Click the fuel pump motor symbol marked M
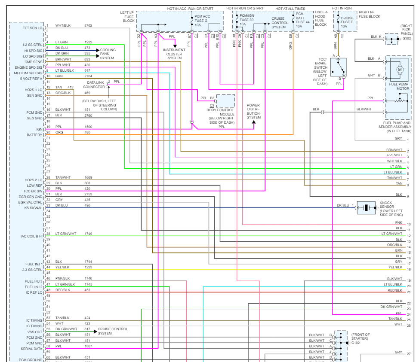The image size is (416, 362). pyautogui.click(x=399, y=69)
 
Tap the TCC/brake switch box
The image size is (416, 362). pyautogui.click(x=339, y=67)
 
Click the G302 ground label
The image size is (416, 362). pyautogui.click(x=407, y=39)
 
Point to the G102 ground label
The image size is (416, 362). pyautogui.click(x=356, y=343)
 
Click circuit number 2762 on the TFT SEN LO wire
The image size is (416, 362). pyautogui.click(x=88, y=25)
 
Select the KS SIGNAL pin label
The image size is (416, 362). pyautogui.click(x=33, y=208)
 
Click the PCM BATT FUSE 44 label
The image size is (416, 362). pyautogui.click(x=302, y=19)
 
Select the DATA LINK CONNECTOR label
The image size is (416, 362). pyautogui.click(x=96, y=85)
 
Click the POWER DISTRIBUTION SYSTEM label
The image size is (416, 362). pyautogui.click(x=253, y=112)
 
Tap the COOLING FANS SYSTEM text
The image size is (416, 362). pyautogui.click(x=108, y=54)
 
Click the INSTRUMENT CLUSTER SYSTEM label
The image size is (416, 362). pyautogui.click(x=175, y=54)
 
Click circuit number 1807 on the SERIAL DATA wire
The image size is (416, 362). pyautogui.click(x=89, y=346)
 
